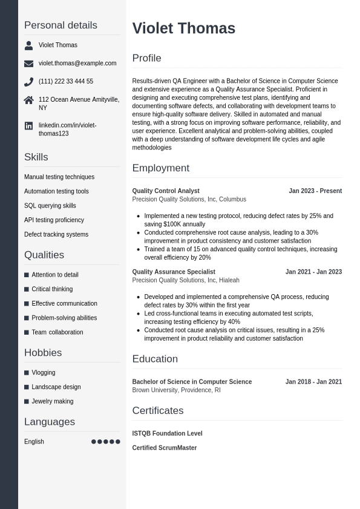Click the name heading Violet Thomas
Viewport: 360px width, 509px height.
(x=183, y=28)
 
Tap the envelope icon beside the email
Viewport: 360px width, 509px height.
(x=28, y=64)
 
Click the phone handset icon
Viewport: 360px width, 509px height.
(x=28, y=82)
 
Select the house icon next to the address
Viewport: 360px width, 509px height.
(x=28, y=100)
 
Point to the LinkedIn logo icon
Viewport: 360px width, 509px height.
(x=28, y=126)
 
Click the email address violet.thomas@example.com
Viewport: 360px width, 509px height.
(x=77, y=64)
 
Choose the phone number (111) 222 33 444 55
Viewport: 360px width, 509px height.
(x=66, y=82)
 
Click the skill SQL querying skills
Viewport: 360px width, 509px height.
(x=50, y=206)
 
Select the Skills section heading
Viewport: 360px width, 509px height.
(x=36, y=157)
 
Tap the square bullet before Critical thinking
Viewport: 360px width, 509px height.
(x=27, y=289)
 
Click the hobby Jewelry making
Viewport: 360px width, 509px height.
(x=52, y=401)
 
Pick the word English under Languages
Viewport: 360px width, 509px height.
(x=34, y=442)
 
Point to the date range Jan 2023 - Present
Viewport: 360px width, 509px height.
(x=315, y=191)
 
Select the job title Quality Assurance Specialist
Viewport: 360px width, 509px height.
(x=174, y=272)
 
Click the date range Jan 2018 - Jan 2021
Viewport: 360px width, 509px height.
(x=313, y=382)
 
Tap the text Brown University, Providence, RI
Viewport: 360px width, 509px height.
(x=176, y=390)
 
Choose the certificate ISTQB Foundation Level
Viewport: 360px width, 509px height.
(x=167, y=434)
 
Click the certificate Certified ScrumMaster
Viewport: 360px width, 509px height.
(x=165, y=448)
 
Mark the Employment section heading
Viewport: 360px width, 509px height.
(x=161, y=168)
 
